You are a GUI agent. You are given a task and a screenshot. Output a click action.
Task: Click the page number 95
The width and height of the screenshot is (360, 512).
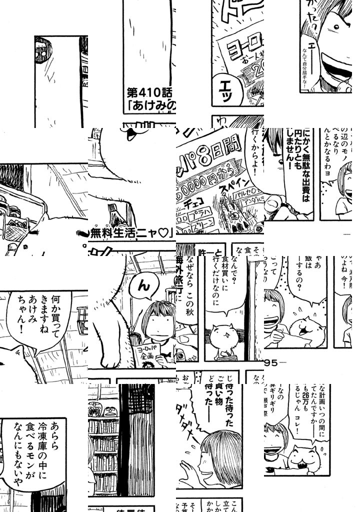(x=272, y=362)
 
